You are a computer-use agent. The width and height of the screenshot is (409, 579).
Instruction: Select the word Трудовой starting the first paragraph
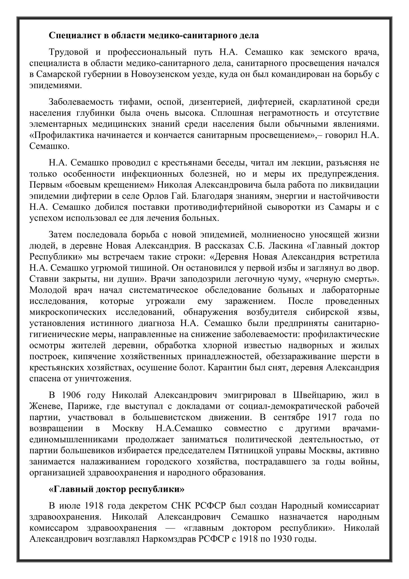(68, 52)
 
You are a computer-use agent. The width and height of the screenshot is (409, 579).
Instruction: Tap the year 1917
(327, 417)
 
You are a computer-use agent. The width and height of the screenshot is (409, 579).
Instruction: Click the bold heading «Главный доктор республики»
(116, 489)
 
